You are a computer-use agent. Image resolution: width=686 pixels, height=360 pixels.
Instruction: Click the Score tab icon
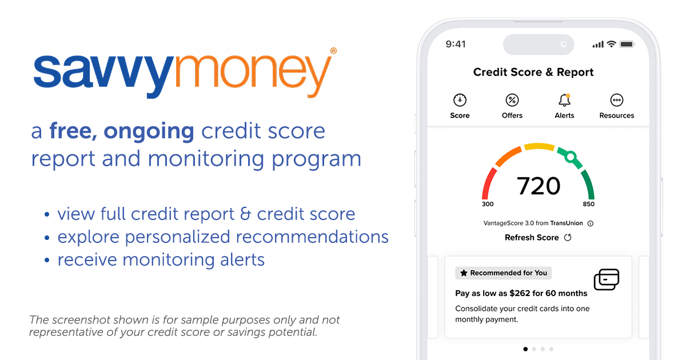[460, 101]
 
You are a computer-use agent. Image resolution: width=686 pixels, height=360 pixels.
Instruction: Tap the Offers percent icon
[512, 101]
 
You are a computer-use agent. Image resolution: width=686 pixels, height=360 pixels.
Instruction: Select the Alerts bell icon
[564, 101]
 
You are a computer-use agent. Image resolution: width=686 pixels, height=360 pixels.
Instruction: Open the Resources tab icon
[617, 101]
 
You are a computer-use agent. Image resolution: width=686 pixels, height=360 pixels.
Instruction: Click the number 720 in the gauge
[539, 186]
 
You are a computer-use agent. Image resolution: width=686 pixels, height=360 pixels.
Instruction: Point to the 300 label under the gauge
[488, 204]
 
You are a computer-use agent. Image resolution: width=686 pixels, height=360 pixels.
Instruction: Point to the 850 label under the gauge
[589, 204]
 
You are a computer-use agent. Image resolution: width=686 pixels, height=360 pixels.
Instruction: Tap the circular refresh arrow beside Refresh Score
[568, 238]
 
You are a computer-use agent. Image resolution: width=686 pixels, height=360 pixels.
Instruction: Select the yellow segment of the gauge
[539, 147]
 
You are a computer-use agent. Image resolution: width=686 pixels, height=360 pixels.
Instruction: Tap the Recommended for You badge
[504, 273]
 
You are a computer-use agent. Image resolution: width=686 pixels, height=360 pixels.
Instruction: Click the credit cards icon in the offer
[606, 279]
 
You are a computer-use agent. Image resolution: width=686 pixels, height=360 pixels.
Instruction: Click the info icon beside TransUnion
[591, 223]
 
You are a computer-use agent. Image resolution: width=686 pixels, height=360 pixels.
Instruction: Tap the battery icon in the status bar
[627, 44]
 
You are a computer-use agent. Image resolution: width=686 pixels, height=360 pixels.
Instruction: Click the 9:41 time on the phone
[456, 44]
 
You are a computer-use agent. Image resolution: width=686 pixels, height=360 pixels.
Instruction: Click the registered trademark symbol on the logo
[333, 51]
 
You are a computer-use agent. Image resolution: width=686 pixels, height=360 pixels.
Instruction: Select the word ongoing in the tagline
[149, 131]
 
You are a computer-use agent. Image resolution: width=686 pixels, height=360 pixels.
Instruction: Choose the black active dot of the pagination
[525, 349]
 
